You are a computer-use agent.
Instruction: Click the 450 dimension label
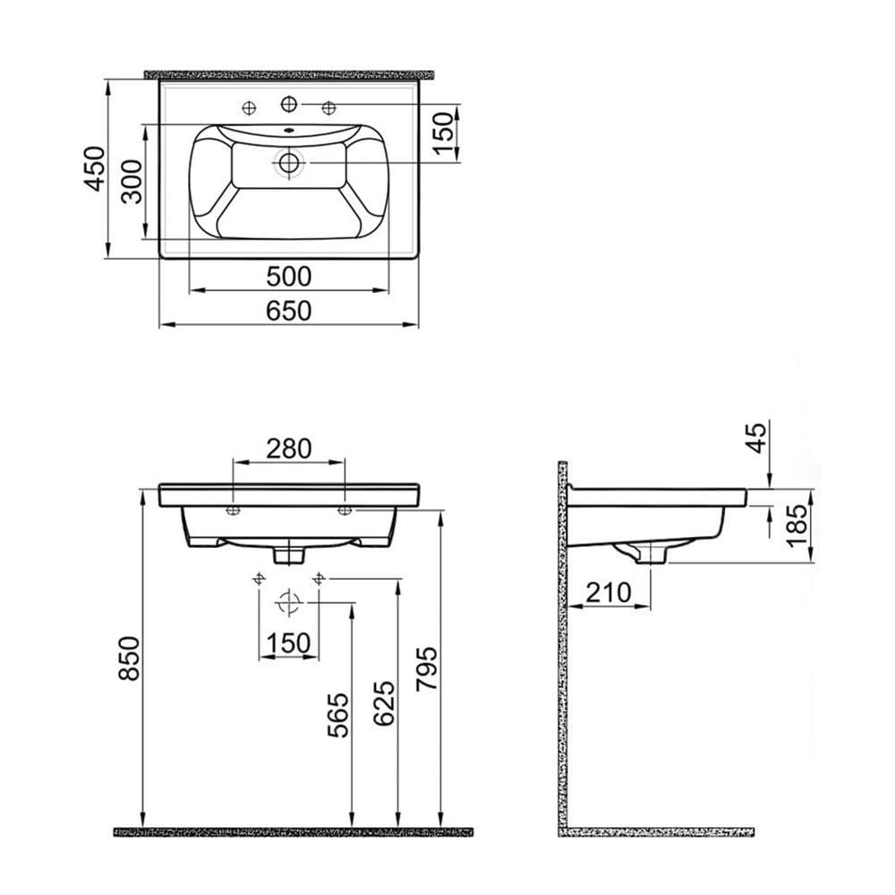tap(95, 169)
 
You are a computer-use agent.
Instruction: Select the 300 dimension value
tap(132, 182)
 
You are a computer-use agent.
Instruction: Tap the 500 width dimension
tap(289, 277)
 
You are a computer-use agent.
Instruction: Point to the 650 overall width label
tap(289, 311)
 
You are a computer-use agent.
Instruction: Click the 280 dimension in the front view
tap(289, 449)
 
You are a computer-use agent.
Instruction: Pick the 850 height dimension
tap(129, 658)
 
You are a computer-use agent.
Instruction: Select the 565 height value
tap(338, 715)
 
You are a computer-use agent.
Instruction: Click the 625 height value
tap(384, 703)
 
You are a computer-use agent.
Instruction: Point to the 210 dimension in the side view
tap(609, 593)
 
